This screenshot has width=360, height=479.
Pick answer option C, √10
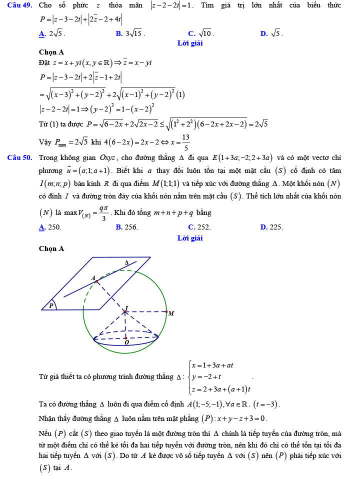[200, 34]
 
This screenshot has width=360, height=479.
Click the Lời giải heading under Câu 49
[190, 43]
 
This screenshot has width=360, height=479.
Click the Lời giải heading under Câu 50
[190, 238]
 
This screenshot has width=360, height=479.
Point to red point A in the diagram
[96, 281]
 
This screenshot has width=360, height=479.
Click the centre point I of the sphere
[124, 312]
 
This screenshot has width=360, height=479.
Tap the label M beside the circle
[171, 313]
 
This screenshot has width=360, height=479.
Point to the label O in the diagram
[126, 342]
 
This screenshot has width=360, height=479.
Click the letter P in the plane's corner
[51, 304]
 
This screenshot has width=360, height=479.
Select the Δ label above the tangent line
[126, 262]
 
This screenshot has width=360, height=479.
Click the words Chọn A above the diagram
[51, 248]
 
